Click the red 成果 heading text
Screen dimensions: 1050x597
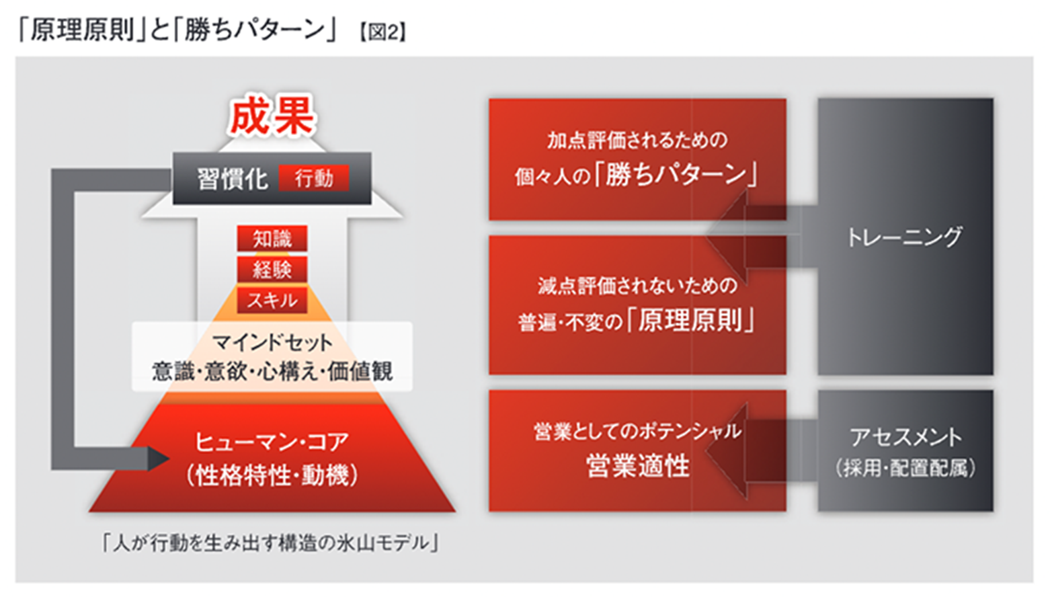tap(272, 116)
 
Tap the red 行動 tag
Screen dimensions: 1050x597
tap(314, 178)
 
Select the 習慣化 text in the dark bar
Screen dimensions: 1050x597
tap(232, 179)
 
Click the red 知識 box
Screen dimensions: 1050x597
tap(272, 239)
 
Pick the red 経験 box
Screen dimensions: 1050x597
tap(272, 269)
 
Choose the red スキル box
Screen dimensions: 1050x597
tap(272, 300)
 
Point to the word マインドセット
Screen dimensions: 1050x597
tap(272, 342)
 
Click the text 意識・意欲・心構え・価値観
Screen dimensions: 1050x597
tap(272, 371)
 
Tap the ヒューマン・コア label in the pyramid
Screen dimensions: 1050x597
tap(272, 442)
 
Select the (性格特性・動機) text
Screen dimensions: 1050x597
tap(272, 475)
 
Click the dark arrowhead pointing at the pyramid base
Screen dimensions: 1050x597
tap(159, 459)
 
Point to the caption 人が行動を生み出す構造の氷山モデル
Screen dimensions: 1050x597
tap(270, 543)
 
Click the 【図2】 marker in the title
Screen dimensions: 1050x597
tap(382, 32)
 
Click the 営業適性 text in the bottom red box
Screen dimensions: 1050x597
tap(637, 466)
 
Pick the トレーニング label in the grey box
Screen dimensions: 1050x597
tap(904, 237)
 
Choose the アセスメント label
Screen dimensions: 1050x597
tap(905, 437)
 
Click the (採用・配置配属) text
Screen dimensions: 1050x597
tap(905, 467)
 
